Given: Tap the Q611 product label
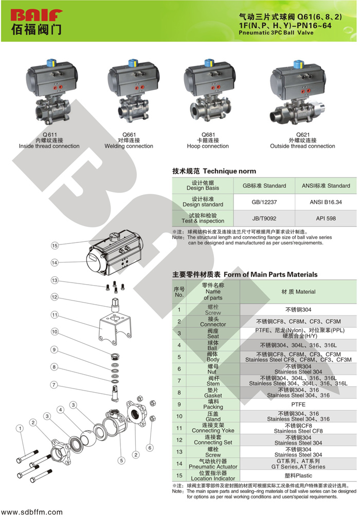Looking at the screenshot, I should click(49, 134).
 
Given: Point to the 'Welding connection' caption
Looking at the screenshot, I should click(129, 146).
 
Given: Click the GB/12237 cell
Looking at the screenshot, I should click(264, 202).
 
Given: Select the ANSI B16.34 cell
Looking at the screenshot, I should click(326, 202).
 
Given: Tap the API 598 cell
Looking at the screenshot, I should click(326, 219).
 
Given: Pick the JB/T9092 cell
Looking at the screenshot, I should click(264, 219).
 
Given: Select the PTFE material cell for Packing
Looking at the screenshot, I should click(298, 405).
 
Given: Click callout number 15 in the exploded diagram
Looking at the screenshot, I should click(55, 245).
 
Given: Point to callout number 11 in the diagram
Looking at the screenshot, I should click(55, 314).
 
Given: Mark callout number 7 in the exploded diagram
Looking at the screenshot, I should click(53, 384).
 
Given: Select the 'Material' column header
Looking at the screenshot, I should click(298, 292).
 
